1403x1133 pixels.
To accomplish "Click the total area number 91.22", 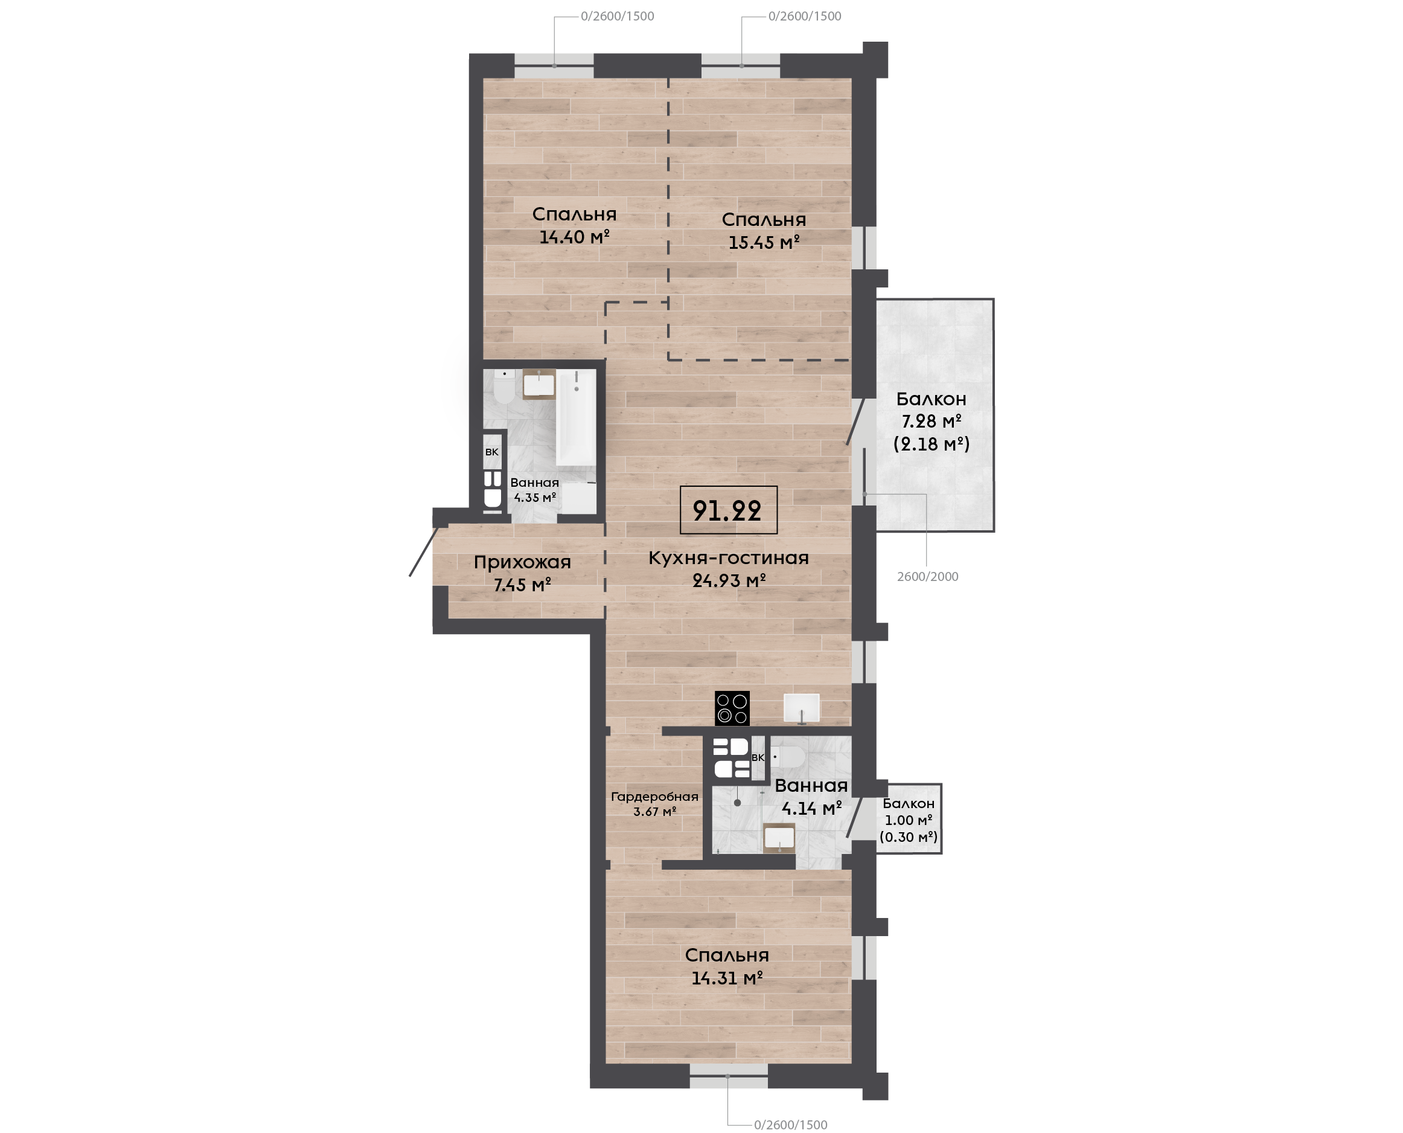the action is click(x=727, y=510).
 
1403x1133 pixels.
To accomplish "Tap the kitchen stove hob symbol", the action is click(x=732, y=708).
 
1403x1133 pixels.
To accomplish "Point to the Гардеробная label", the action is click(x=654, y=797).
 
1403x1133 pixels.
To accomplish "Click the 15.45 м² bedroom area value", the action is click(x=764, y=242).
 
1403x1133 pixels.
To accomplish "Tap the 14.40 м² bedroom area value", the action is click(x=574, y=236).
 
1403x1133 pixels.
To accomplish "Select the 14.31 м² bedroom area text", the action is click(x=727, y=978).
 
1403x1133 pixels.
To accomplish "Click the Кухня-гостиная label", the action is click(x=729, y=558).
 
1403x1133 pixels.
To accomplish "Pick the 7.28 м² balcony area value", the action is click(x=932, y=421).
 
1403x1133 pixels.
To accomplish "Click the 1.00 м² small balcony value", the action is click(x=909, y=820).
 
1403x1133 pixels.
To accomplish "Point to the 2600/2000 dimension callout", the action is click(x=927, y=577).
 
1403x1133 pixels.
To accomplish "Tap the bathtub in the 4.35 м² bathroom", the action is click(x=576, y=418).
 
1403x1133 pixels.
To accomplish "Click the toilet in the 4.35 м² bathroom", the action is click(x=503, y=388).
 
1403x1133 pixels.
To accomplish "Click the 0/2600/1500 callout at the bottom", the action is click(x=790, y=1125).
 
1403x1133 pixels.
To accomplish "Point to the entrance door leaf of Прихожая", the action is click(x=424, y=551).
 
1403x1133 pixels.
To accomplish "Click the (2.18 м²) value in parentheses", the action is click(x=932, y=445).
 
